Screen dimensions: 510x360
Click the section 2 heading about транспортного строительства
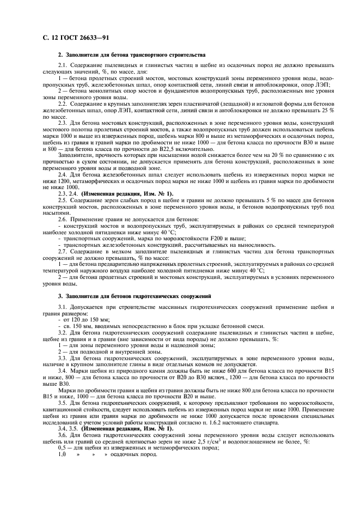point(131,55)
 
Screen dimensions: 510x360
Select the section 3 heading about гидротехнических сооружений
point(134,296)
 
